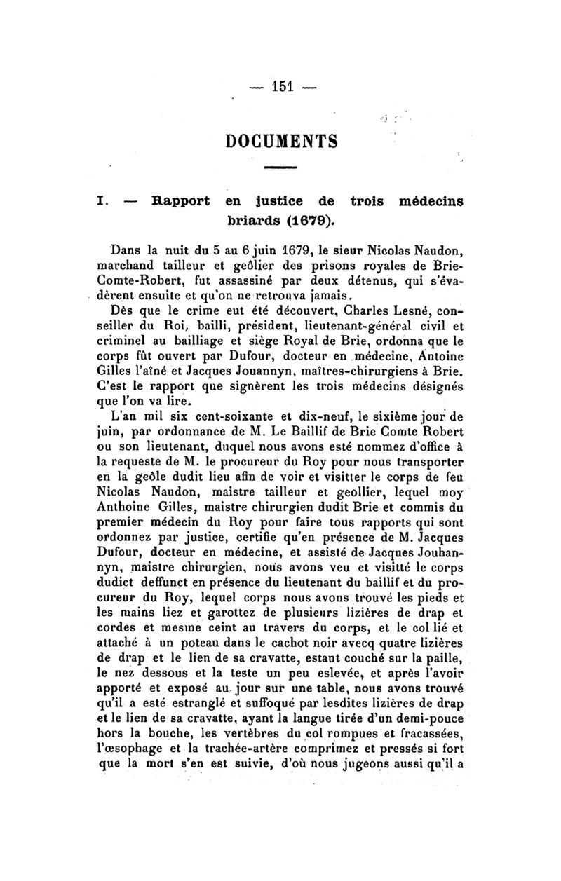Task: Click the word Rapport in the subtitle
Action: point(181,202)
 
